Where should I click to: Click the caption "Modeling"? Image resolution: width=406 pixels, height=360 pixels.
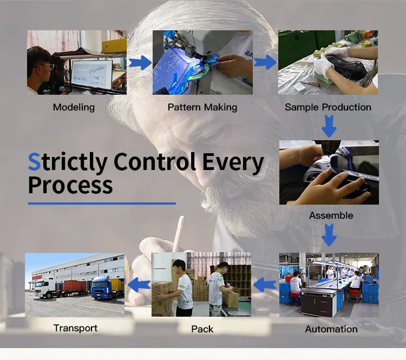tap(74, 107)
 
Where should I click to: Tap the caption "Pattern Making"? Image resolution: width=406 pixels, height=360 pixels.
tap(202, 107)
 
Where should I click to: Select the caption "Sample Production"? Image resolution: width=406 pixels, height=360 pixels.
tap(328, 107)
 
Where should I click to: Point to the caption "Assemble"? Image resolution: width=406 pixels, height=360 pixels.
tap(331, 215)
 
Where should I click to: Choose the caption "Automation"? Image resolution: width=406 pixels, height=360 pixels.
tap(331, 329)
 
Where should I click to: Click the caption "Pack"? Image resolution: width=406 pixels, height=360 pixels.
tap(202, 329)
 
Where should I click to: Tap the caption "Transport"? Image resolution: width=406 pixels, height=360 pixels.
tap(75, 328)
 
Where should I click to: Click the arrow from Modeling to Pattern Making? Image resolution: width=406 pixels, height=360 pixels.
tap(140, 62)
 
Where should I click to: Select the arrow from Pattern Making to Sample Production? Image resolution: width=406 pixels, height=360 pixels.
tap(265, 62)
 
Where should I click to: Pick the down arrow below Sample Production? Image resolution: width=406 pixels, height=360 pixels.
tap(329, 126)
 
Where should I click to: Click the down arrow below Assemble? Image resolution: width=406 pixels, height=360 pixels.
tap(329, 235)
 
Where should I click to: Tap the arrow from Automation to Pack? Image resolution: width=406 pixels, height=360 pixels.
tap(265, 285)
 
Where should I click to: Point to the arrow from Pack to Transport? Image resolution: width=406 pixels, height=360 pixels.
tap(139, 285)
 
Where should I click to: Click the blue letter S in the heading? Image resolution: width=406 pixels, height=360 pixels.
tap(34, 162)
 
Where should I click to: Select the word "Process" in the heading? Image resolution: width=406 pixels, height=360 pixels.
tap(70, 185)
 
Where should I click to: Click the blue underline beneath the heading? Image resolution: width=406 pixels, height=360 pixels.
tap(102, 204)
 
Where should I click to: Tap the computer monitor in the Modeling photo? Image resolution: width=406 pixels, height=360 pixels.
tap(91, 74)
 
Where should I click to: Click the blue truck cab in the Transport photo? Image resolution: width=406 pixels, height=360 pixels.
tap(102, 287)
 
